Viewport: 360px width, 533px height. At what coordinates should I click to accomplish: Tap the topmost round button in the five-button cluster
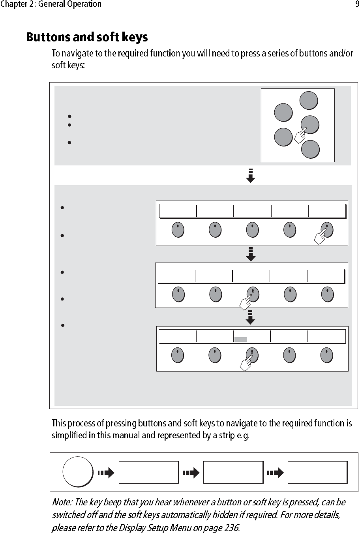[x=308, y=100]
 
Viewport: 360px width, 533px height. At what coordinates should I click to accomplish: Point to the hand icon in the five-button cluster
[x=301, y=135]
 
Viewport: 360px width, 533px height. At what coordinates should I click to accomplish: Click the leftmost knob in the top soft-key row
[x=178, y=230]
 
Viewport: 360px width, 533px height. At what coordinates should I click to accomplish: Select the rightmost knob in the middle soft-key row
[x=327, y=294]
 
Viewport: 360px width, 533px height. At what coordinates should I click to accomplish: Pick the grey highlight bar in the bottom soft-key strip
[x=240, y=339]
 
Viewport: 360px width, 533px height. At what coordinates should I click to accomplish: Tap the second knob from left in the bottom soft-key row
[x=215, y=355]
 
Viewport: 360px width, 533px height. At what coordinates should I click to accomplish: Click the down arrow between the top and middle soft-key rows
[x=251, y=254]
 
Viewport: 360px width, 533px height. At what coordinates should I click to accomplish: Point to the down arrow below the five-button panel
[x=251, y=175]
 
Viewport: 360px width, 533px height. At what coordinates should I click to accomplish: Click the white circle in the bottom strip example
[x=78, y=472]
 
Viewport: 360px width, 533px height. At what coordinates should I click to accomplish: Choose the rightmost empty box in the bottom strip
[x=318, y=472]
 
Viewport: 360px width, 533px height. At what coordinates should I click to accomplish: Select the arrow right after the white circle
[x=106, y=472]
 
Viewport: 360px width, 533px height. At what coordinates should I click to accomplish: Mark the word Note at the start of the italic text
[x=62, y=503]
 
